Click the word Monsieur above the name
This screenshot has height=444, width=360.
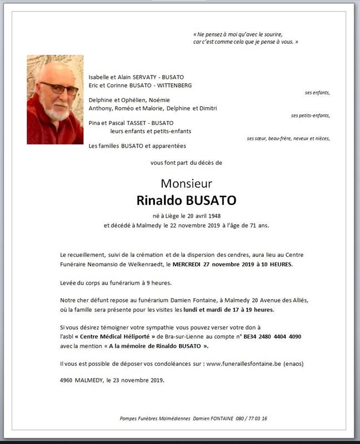click(x=186, y=183)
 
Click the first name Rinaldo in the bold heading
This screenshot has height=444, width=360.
click(x=159, y=200)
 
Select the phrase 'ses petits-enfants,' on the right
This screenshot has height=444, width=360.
click(x=310, y=115)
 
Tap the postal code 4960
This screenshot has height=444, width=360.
click(x=67, y=380)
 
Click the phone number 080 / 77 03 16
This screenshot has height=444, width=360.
click(x=251, y=418)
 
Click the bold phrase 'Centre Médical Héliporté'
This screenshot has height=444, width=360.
click(x=116, y=336)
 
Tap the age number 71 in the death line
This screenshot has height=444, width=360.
click(x=255, y=225)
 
